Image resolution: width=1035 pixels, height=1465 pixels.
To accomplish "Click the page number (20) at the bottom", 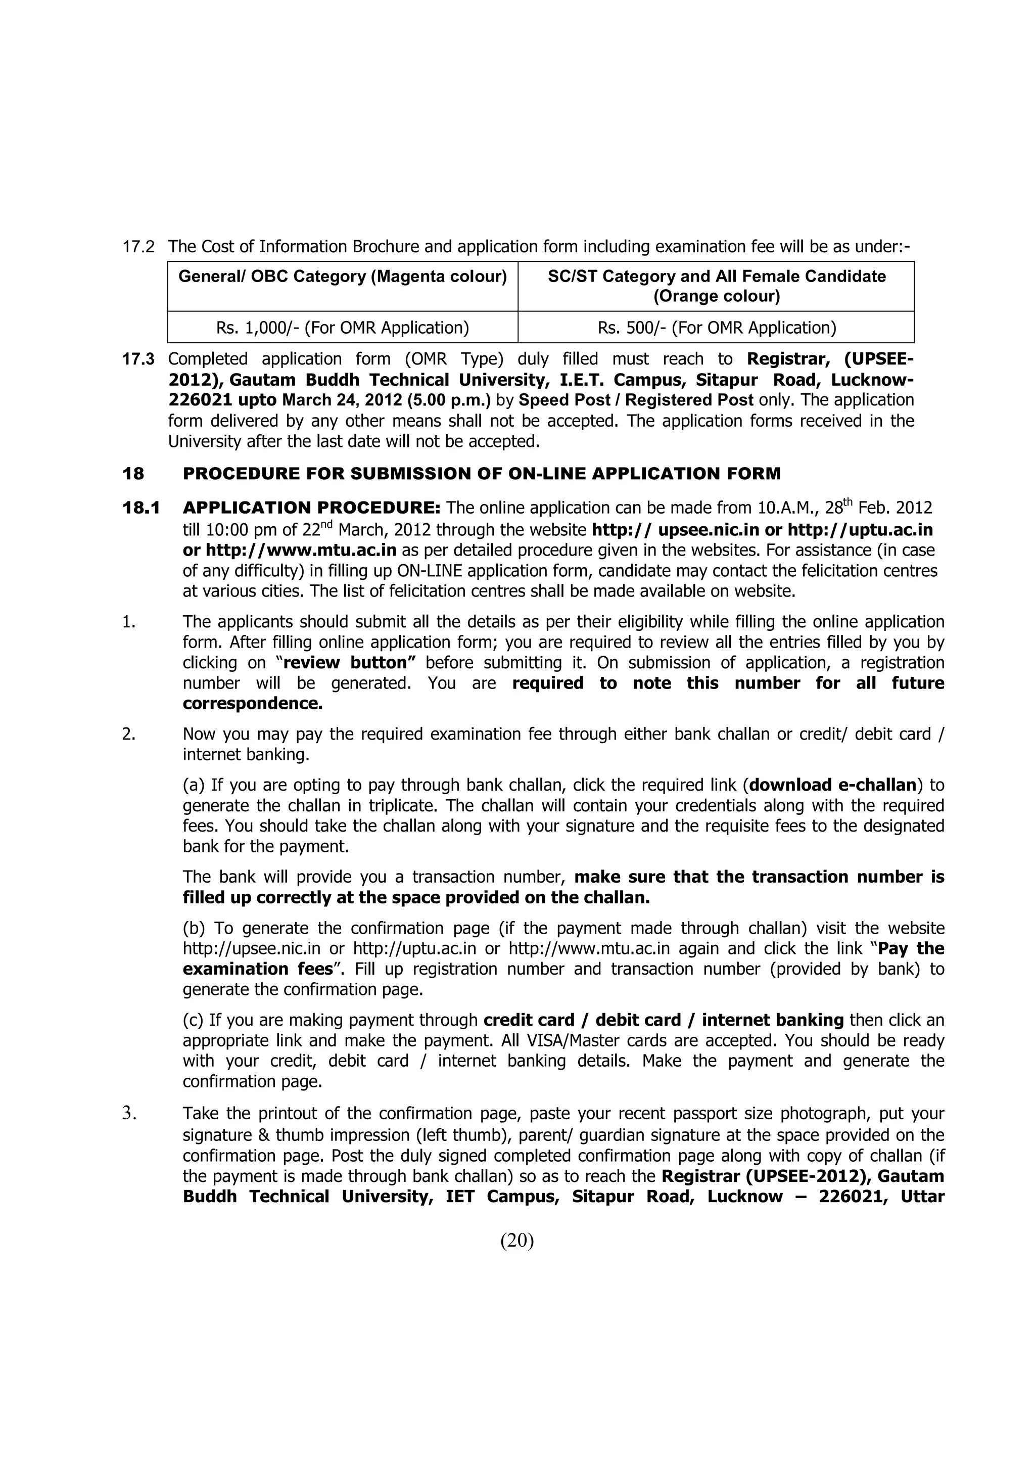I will tap(516, 1241).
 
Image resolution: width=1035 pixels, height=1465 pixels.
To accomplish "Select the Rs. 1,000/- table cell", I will tap(343, 328).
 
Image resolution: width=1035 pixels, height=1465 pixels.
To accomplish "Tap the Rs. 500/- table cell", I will tap(716, 328).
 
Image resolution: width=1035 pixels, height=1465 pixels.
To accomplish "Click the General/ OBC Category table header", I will tap(343, 277).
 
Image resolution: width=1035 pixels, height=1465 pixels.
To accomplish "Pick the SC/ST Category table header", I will tap(716, 286).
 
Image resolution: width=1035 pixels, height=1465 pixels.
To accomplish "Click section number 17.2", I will tap(138, 247).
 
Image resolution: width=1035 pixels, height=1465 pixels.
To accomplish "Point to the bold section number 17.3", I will tap(138, 359).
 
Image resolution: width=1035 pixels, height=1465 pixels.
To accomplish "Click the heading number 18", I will tap(133, 474).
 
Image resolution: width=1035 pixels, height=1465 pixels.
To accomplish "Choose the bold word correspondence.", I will tap(252, 704).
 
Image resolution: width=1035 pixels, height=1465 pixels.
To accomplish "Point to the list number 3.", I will tap(129, 1114).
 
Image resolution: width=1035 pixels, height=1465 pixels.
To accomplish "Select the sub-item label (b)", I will tap(194, 928).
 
